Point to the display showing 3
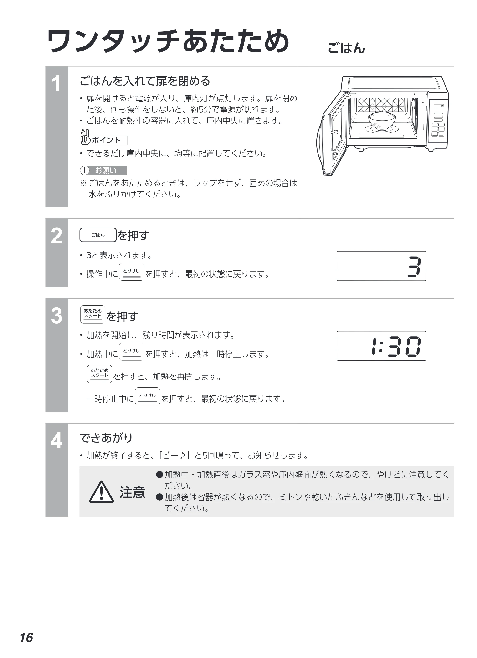[x=381, y=266]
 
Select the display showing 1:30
[x=381, y=346]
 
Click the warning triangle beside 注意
[x=101, y=492]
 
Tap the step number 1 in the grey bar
[x=56, y=84]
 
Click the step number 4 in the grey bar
[x=56, y=440]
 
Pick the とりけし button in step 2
[x=132, y=272]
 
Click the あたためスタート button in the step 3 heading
[x=93, y=314]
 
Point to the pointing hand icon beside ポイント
[x=85, y=137]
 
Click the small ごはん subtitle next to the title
[x=346, y=48]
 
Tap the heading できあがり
[x=106, y=438]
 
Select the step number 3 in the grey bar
[x=56, y=316]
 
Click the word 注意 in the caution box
[x=132, y=492]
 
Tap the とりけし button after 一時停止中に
[x=148, y=396]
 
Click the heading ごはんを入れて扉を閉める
[x=145, y=81]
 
